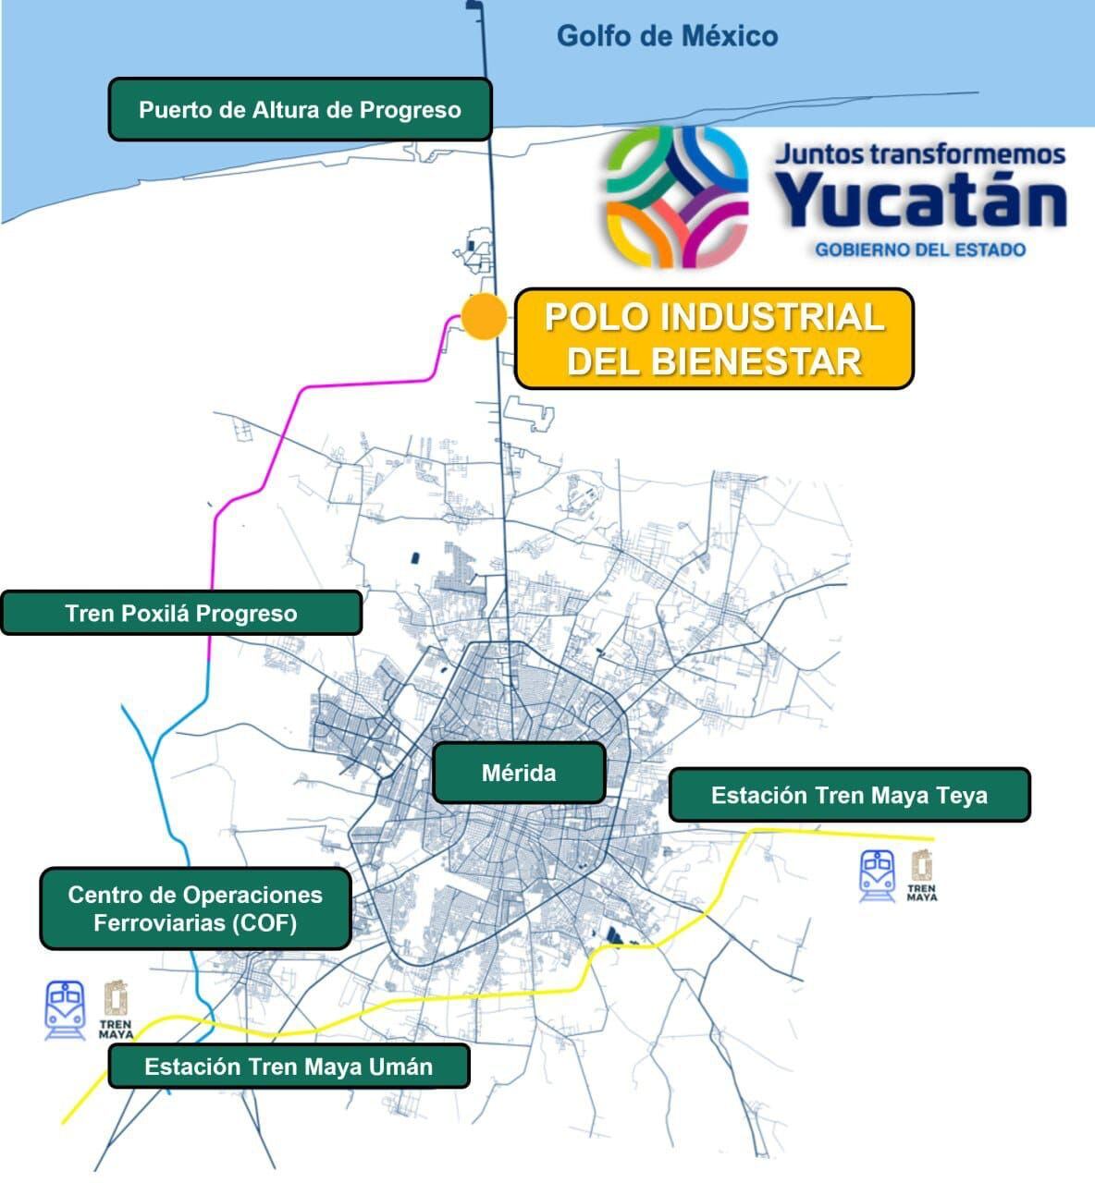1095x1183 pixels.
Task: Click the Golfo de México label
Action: point(667,36)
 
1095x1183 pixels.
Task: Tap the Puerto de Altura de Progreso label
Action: point(300,110)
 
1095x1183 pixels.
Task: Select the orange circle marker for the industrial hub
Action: point(484,317)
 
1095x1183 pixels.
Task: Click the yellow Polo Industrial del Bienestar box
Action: point(714,338)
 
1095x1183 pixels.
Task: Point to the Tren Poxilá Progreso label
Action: point(181,614)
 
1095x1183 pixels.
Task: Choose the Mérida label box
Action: point(519,773)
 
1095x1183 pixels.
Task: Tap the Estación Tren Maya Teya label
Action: point(849,795)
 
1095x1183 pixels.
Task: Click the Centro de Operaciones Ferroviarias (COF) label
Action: point(195,909)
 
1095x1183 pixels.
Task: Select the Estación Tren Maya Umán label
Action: point(289,1067)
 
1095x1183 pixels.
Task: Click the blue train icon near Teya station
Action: point(878,875)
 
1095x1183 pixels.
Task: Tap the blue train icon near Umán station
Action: point(66,1009)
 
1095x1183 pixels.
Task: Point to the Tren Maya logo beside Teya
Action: point(921,875)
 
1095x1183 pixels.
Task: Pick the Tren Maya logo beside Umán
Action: point(116,1009)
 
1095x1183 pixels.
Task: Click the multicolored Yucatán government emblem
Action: point(677,197)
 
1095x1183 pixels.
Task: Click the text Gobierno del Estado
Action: point(919,250)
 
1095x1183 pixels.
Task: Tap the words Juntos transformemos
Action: point(919,153)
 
